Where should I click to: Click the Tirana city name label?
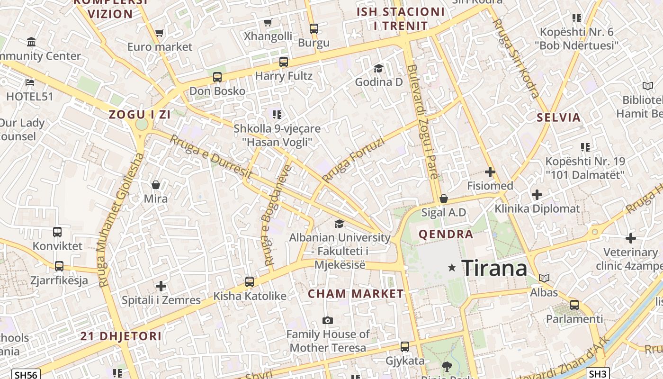pos(494,268)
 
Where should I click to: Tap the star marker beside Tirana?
pos(452,268)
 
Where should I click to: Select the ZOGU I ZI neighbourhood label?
pos(140,115)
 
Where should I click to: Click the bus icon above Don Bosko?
pos(217,77)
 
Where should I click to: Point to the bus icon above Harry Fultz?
pos(284,62)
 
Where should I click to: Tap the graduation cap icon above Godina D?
pos(378,69)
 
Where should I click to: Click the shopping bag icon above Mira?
pos(156,185)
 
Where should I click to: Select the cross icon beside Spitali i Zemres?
pos(161,286)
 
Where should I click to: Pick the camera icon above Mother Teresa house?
pos(327,321)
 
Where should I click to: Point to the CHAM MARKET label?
pos(356,294)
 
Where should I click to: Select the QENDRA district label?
pos(446,234)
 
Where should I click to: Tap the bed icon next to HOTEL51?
pos(29,82)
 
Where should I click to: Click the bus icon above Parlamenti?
pos(574,305)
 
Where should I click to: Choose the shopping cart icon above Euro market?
pos(159,33)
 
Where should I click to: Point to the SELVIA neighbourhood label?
pos(559,117)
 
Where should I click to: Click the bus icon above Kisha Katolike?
pos(250,282)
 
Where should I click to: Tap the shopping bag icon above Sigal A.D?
pos(444,199)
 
